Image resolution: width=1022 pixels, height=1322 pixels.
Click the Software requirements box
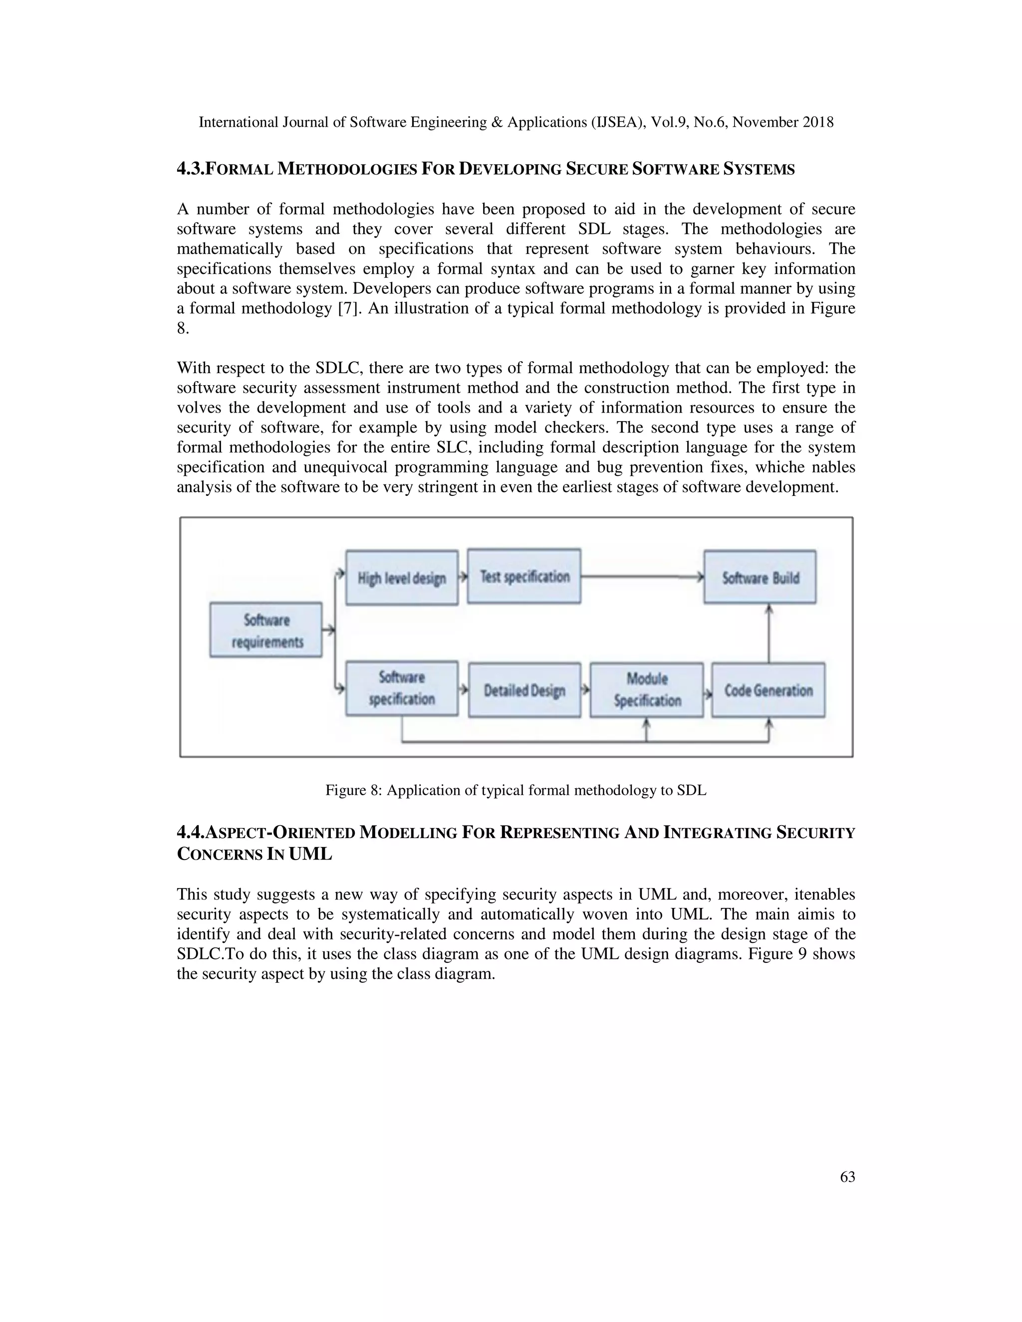(266, 630)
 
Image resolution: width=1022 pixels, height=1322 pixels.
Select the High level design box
(401, 578)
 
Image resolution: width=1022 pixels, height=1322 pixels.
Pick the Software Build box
(760, 577)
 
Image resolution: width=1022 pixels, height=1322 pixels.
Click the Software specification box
(401, 688)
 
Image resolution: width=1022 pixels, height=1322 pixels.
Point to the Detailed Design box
(524, 690)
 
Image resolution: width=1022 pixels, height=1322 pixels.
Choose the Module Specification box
(647, 690)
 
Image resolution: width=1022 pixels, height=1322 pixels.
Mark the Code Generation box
(768, 690)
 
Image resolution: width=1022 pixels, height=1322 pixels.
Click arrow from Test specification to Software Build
(642, 577)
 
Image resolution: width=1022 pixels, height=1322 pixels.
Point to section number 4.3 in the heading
(190, 169)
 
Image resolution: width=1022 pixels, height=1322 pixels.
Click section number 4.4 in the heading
(190, 833)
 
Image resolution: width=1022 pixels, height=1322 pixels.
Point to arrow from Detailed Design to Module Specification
(585, 689)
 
